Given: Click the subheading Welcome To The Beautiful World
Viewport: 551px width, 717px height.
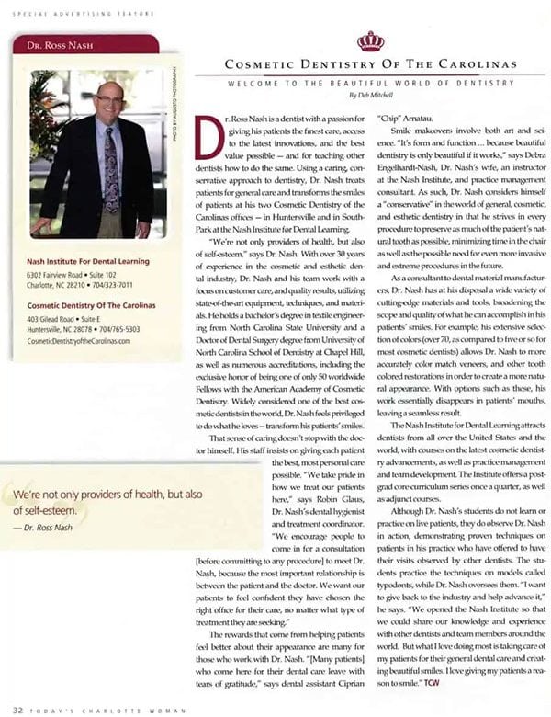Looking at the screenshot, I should click(x=370, y=83).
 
